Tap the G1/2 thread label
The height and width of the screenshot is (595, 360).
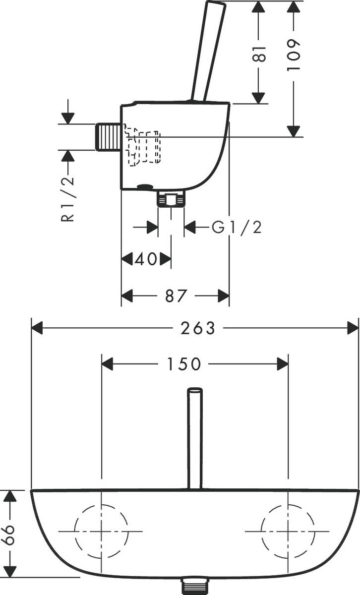236,228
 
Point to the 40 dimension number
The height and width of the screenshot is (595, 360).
146,259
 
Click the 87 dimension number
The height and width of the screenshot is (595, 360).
175,296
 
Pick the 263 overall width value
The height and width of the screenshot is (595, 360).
197,328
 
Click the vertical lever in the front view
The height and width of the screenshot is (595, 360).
195,436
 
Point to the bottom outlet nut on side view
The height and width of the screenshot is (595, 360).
171,200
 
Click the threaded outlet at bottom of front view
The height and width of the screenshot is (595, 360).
195,586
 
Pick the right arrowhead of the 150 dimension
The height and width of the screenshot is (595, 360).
283,364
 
